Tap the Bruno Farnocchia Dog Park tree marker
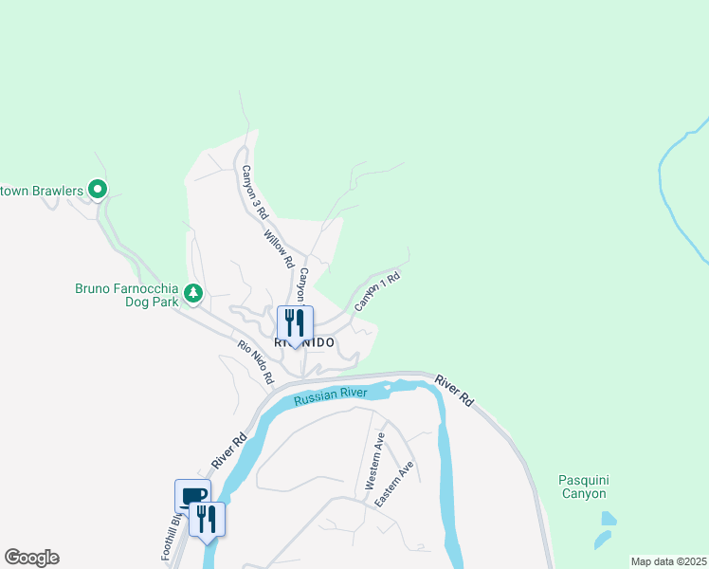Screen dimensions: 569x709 [193, 294]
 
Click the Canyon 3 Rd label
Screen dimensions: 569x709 [250, 192]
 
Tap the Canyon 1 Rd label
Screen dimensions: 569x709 [377, 292]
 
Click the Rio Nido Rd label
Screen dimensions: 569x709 [256, 361]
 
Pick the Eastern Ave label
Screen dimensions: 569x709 [394, 484]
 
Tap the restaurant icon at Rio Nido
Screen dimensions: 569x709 [295, 323]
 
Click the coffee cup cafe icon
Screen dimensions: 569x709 [191, 496]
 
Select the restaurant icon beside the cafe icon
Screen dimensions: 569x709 [208, 519]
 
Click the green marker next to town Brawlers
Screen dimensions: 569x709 [96, 190]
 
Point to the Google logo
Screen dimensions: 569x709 [31, 558]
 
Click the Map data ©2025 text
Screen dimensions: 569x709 [667, 561]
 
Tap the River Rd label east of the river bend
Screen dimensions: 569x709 [454, 392]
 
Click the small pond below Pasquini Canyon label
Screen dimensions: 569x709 [608, 519]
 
